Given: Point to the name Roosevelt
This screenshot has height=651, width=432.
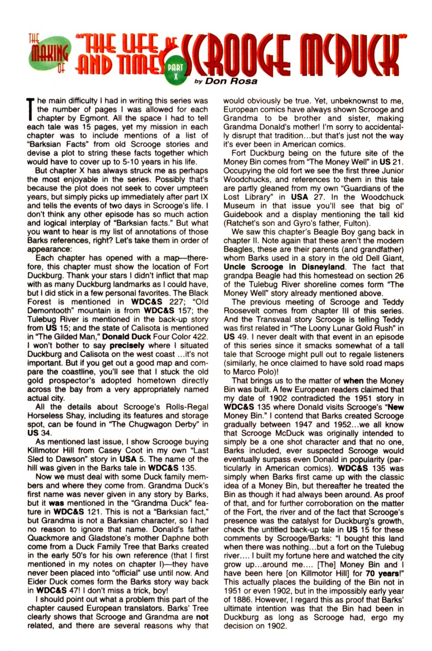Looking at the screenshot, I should click(243, 311).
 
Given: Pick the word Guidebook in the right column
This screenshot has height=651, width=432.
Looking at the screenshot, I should click(243, 214).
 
